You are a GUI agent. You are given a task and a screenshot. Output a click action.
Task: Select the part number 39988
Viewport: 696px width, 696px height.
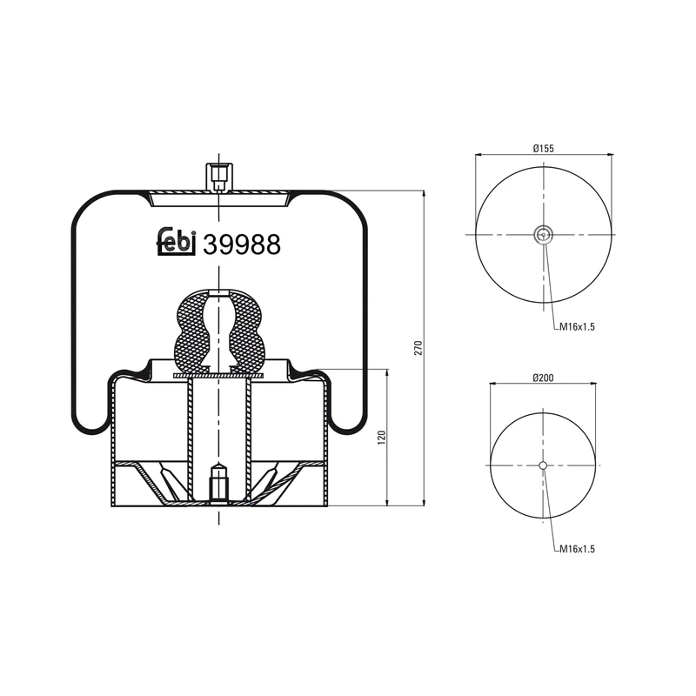tap(241, 245)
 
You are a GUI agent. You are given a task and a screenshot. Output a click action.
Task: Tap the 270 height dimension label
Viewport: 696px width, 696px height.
tap(418, 348)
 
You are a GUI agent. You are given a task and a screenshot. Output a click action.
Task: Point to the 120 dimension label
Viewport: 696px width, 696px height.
tap(380, 437)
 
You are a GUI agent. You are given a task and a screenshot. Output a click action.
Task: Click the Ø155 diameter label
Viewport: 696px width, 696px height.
tap(543, 149)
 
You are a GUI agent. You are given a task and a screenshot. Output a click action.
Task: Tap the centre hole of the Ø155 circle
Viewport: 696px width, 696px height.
tap(543, 232)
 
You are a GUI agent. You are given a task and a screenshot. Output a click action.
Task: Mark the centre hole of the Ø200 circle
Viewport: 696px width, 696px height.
tap(543, 465)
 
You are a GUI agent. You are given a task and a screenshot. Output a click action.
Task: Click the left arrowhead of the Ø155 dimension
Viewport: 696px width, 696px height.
tap(479, 155)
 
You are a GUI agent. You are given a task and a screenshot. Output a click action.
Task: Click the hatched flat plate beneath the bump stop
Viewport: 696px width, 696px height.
tap(218, 375)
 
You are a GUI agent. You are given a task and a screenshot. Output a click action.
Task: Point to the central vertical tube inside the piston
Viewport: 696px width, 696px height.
tap(218, 418)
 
